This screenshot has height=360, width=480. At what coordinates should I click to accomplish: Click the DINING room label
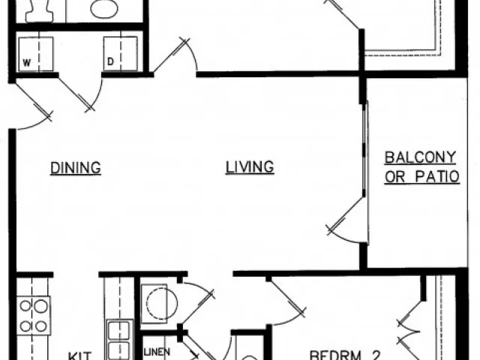(76, 167)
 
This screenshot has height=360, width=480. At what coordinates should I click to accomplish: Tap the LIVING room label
(250, 167)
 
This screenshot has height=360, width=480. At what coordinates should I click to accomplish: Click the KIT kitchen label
(80, 355)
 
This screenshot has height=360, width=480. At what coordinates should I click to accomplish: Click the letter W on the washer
(25, 63)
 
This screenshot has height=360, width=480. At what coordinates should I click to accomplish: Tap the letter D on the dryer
(109, 63)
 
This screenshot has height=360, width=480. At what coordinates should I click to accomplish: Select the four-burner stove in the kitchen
(34, 315)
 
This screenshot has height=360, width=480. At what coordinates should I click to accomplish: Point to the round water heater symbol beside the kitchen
(159, 303)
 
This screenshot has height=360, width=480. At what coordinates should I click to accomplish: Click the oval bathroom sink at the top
(103, 9)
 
